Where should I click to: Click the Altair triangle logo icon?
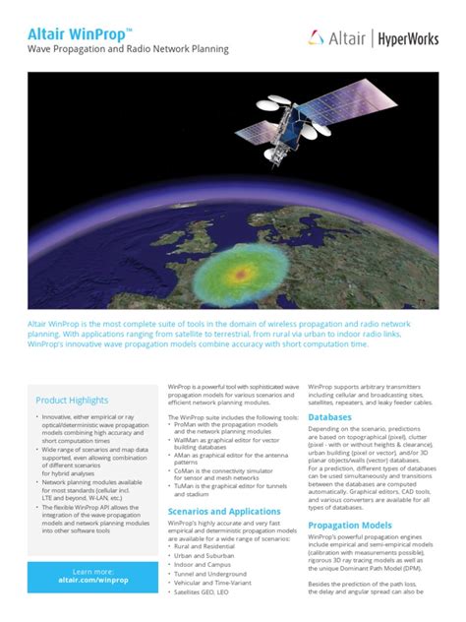pyautogui.click(x=317, y=37)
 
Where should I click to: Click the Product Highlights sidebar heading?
pyautogui.click(x=72, y=401)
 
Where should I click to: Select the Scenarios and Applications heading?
pyautogui.click(x=224, y=512)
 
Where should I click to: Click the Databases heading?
pyautogui.click(x=329, y=417)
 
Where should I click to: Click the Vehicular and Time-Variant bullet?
pyautogui.click(x=218, y=590)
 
